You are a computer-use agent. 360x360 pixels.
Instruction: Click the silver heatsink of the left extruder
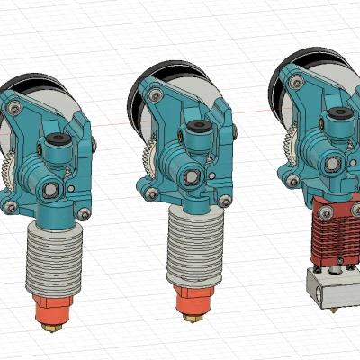point(56,257)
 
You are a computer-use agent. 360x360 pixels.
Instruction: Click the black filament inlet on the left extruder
point(58,141)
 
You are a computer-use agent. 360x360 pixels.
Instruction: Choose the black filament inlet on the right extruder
point(341,115)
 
